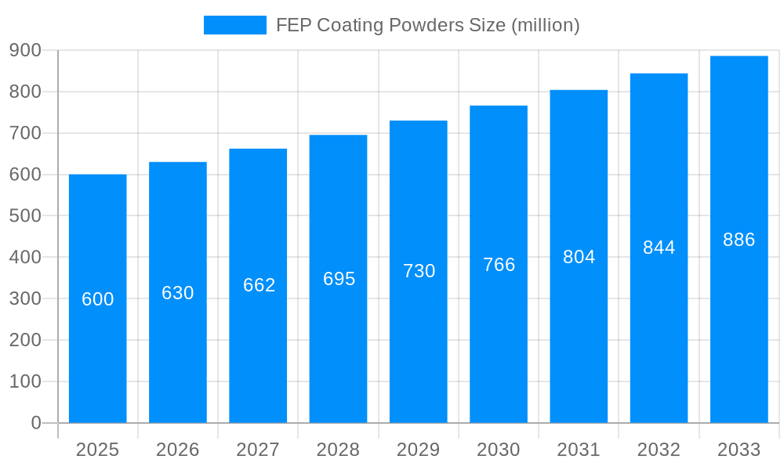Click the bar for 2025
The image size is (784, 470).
(98, 352)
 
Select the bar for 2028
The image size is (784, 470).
(338, 352)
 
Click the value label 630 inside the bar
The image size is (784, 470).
(178, 293)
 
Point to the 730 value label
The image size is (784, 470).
(419, 271)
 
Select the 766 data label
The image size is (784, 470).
(499, 265)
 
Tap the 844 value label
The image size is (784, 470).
(659, 248)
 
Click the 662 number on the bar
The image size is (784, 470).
(259, 285)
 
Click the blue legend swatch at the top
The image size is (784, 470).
(234, 25)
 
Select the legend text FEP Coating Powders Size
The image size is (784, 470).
(427, 25)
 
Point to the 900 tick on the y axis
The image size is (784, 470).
(25, 50)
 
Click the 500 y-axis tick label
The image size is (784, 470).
(25, 215)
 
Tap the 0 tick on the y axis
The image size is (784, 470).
(35, 423)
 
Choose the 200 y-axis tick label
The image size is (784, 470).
(25, 340)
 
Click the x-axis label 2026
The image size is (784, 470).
(178, 450)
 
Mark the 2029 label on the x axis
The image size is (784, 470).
(419, 450)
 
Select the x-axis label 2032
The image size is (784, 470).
(659, 450)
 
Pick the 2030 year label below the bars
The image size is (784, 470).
(499, 450)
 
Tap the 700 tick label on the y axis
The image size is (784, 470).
(25, 133)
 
